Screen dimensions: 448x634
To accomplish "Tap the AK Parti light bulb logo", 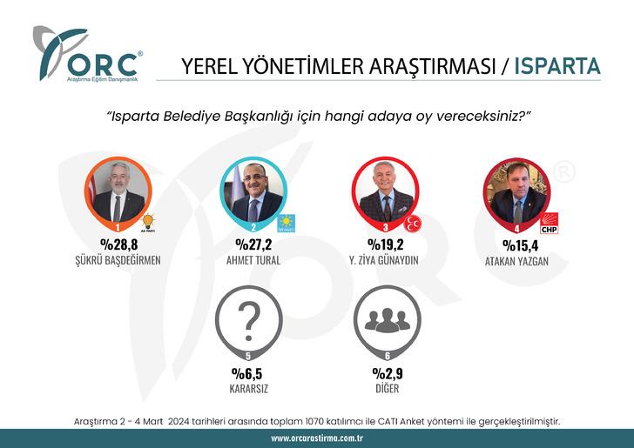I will pos(148,224).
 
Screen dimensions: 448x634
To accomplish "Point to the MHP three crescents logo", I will pos(415,224).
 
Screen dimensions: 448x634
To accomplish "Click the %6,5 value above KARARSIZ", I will pos(248,373).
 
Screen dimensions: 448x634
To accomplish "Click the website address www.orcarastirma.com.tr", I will pos(317,438).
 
